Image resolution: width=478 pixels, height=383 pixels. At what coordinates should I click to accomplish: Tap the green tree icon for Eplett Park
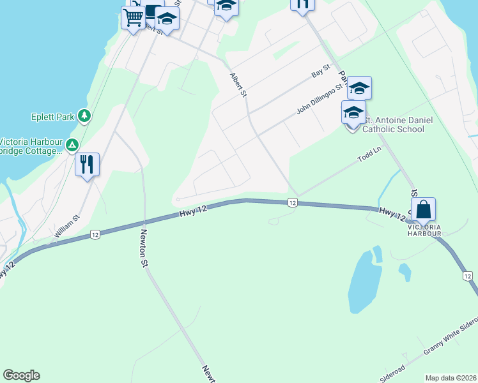[x=84, y=116]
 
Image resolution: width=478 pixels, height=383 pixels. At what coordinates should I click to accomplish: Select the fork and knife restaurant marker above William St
[x=87, y=165]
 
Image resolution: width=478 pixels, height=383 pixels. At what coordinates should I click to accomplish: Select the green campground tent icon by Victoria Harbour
[x=73, y=146]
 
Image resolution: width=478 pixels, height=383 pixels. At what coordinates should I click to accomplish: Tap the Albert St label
[x=238, y=85]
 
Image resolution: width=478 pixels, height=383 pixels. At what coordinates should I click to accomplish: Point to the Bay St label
[x=320, y=71]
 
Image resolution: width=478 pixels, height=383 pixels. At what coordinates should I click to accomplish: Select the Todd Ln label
[x=369, y=157]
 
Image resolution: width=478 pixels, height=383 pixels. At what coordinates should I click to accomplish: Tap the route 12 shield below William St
[x=95, y=234]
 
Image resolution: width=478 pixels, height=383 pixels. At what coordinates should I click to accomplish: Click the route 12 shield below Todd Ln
[x=291, y=202]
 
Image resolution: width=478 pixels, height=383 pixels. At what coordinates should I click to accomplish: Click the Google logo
[x=21, y=375]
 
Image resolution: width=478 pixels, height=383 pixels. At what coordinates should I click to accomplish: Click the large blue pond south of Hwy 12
[x=362, y=281]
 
